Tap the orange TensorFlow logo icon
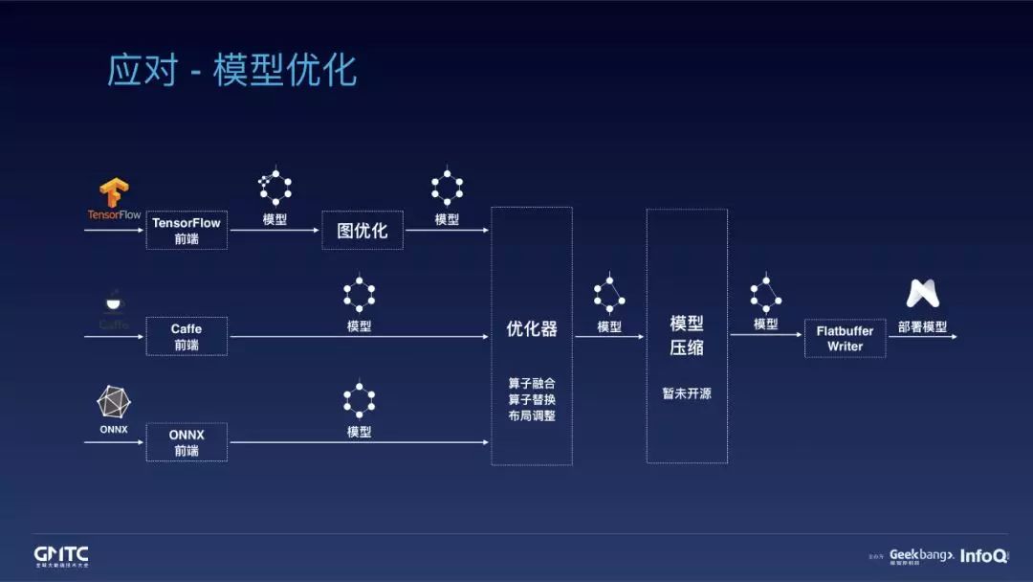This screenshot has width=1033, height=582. point(115,193)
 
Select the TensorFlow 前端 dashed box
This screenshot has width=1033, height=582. point(187,231)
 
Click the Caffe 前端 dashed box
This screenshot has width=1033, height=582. point(187,336)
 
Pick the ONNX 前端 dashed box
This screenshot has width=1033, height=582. point(187,442)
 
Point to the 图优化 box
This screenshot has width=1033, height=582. point(363,231)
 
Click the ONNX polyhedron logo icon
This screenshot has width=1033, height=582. point(114,402)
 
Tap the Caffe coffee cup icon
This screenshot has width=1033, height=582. point(114,302)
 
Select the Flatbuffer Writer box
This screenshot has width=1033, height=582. point(845,338)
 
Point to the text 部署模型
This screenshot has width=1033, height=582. point(922,326)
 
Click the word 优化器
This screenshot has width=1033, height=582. point(532,329)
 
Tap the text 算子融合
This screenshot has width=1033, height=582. point(532,383)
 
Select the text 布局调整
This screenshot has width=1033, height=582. point(532,415)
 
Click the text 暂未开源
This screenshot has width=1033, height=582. point(687,393)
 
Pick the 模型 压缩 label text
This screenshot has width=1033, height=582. point(687,336)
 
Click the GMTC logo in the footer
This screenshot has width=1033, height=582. point(61,555)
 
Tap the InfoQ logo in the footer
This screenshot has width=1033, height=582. point(983,555)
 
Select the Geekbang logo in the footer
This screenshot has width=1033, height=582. point(921,555)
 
